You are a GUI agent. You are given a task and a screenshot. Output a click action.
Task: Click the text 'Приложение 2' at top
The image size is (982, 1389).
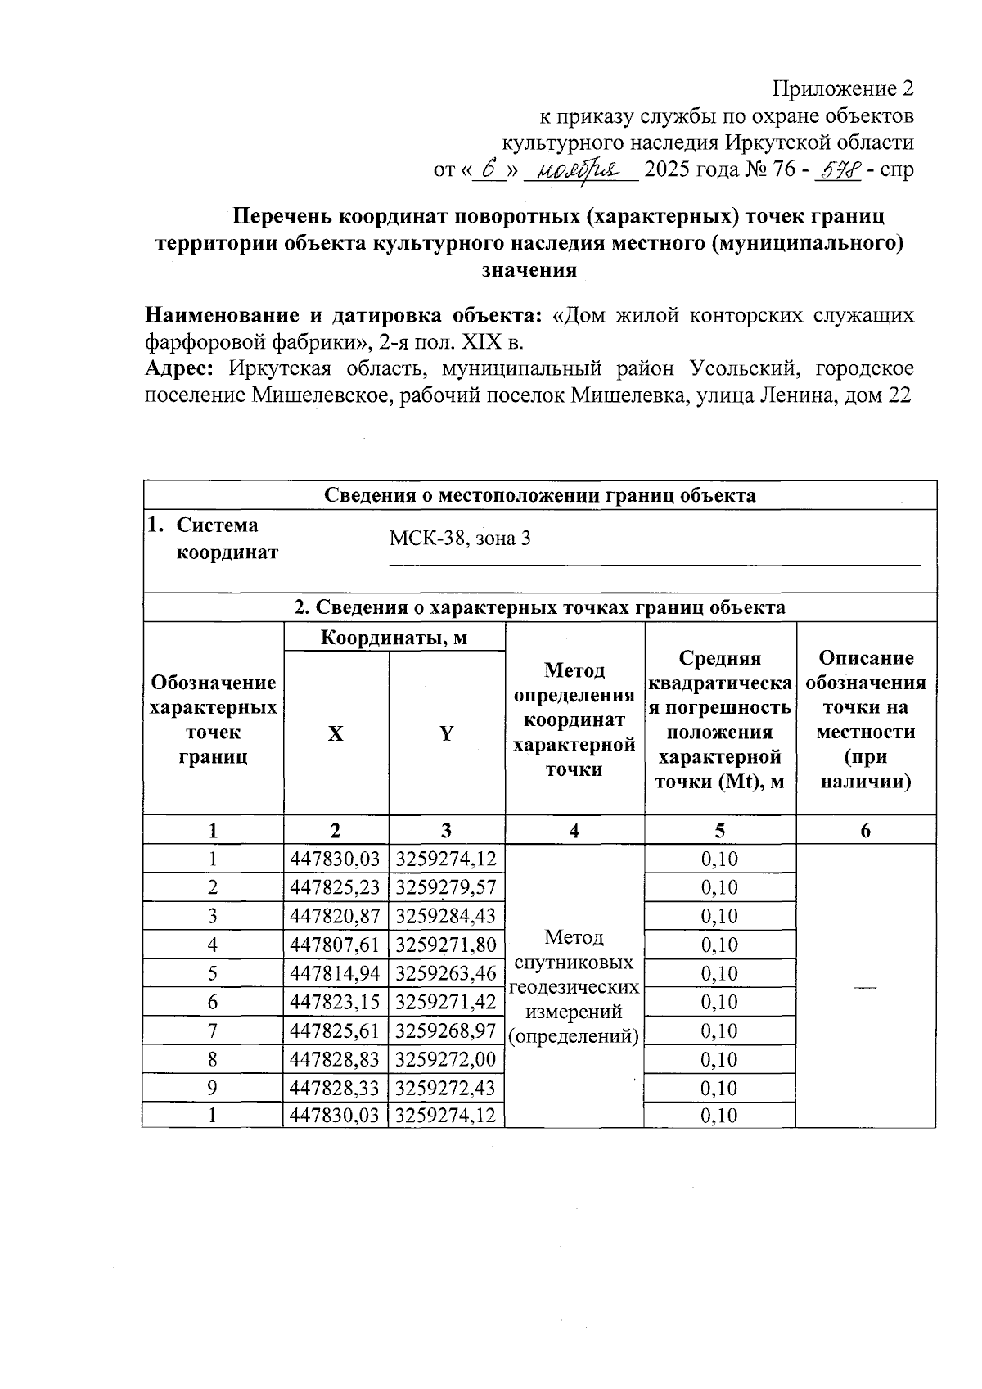click(x=843, y=88)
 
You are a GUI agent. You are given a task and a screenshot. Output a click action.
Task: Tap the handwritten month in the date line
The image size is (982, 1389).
click(x=580, y=170)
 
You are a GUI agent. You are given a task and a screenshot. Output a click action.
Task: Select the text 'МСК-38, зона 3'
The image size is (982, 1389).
click(x=460, y=539)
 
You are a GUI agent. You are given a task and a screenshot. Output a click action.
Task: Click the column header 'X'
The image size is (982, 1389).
click(x=336, y=734)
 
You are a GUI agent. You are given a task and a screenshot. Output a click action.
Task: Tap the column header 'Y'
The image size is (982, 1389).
click(x=446, y=734)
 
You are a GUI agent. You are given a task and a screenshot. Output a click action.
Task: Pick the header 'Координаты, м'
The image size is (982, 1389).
click(x=393, y=638)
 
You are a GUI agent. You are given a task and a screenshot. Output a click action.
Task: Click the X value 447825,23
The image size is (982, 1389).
click(x=336, y=887)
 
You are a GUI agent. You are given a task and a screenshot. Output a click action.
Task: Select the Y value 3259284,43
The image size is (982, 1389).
click(x=446, y=916)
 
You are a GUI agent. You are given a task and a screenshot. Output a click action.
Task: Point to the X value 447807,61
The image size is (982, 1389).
click(x=336, y=945)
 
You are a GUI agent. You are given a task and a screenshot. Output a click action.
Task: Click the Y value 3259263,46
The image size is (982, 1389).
click(x=446, y=973)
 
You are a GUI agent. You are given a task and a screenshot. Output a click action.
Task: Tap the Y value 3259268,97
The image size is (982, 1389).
click(x=446, y=1030)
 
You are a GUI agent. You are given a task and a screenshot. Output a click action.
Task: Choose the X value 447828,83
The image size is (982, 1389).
click(x=336, y=1059)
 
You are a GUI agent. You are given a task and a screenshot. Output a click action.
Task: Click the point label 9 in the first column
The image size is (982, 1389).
click(x=213, y=1088)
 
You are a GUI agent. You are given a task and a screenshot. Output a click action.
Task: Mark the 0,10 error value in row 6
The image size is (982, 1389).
click(x=720, y=1002)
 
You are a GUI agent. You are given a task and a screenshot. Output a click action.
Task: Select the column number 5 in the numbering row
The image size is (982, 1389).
click(x=719, y=831)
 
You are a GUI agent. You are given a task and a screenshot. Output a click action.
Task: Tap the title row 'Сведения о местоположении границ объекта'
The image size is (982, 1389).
click(x=540, y=495)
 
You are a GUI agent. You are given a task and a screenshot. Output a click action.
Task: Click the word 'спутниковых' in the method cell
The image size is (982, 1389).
click(x=574, y=962)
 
